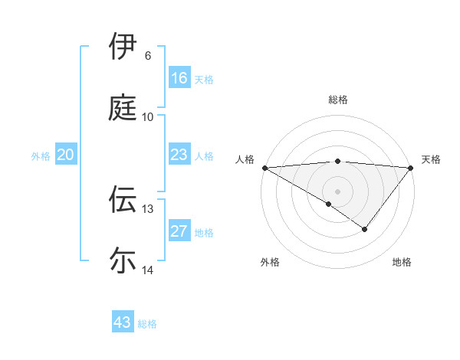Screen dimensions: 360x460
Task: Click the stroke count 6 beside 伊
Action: click(148, 56)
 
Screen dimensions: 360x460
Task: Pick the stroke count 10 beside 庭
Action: click(148, 117)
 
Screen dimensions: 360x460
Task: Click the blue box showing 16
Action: click(179, 78)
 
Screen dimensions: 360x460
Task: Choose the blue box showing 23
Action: click(179, 155)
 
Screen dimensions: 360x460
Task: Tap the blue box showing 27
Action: click(179, 231)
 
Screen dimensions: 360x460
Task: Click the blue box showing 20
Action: click(65, 155)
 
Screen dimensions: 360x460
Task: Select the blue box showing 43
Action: click(122, 322)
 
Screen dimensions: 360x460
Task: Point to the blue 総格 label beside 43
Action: click(147, 324)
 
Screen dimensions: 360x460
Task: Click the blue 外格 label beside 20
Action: click(41, 156)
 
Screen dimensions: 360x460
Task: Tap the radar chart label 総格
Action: click(337, 100)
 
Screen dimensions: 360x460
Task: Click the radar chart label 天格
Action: click(431, 159)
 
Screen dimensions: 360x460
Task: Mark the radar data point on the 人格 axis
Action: click(264, 167)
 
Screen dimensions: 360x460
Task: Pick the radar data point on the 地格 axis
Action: click(365, 229)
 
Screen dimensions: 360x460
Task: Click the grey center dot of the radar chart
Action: click(337, 191)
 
